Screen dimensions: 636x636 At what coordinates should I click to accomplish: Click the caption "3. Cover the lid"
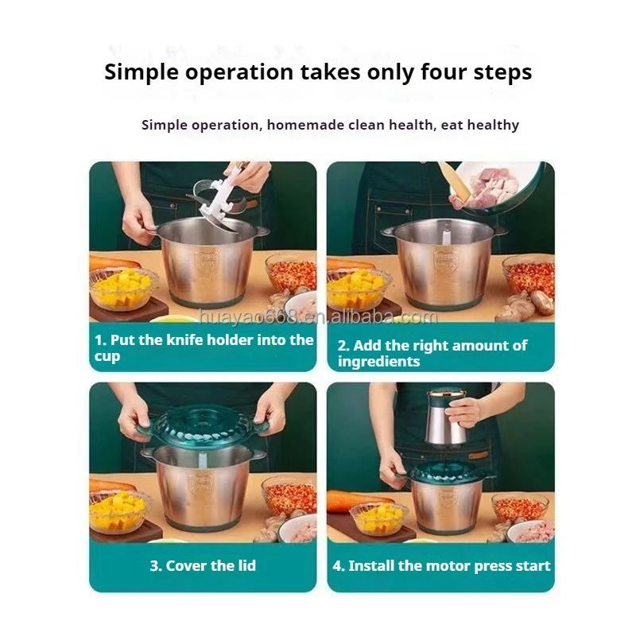203,565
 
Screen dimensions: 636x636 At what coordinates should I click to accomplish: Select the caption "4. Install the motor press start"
441,565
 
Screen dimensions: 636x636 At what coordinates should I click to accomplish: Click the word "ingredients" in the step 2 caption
378,362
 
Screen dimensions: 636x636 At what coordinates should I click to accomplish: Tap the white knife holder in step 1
220,199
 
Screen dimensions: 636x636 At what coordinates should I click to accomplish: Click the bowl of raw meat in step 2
495,187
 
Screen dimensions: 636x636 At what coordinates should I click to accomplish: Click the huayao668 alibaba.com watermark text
319,316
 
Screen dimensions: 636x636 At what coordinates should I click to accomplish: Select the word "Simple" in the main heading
142,72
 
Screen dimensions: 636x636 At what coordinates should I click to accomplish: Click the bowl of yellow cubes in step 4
379,519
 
